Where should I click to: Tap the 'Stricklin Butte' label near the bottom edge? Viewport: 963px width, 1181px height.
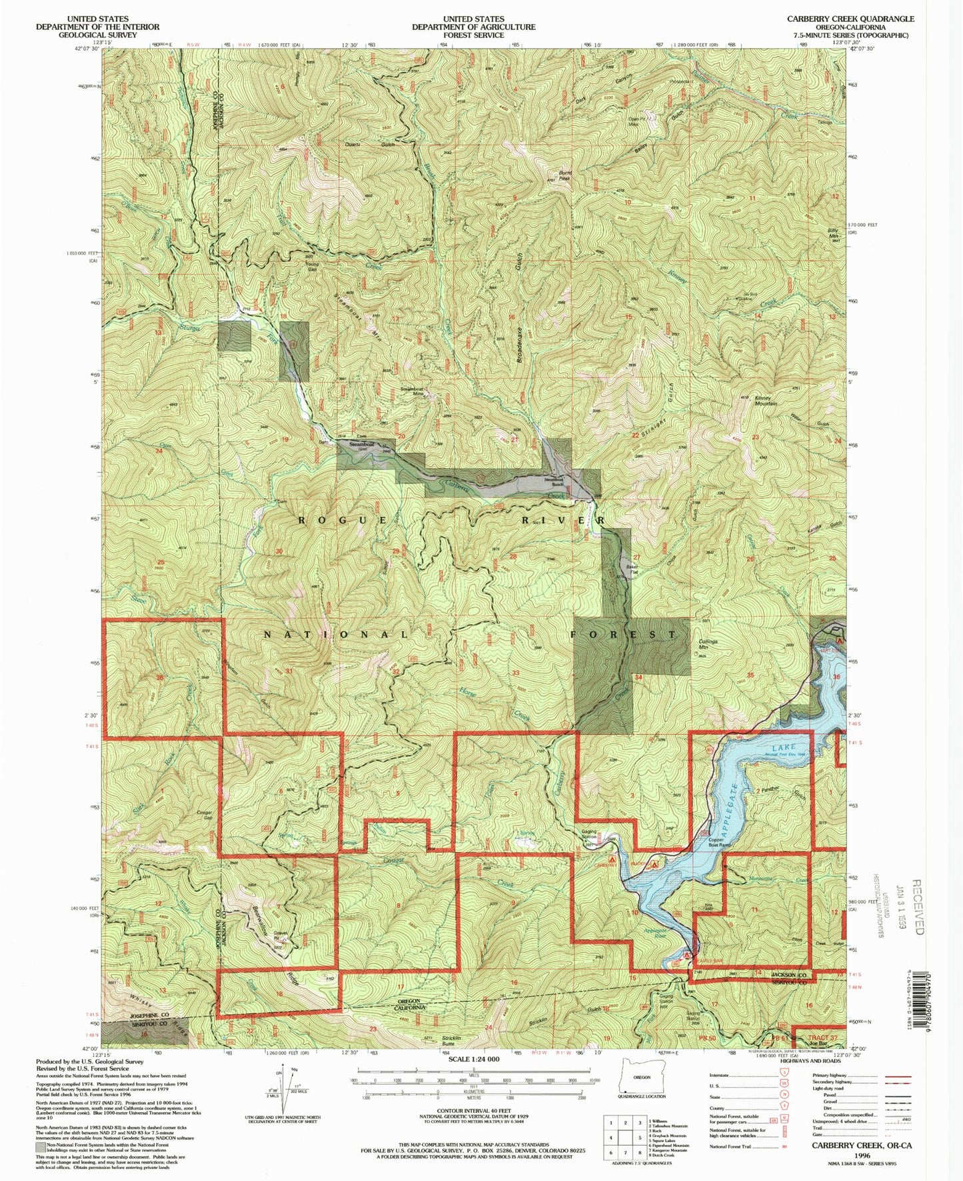click(449, 1041)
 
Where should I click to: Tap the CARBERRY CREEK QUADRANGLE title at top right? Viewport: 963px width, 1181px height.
click(850, 19)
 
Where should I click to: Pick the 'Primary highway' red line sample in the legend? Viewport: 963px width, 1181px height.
click(894, 1076)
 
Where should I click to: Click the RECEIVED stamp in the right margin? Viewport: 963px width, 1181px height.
click(916, 908)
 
